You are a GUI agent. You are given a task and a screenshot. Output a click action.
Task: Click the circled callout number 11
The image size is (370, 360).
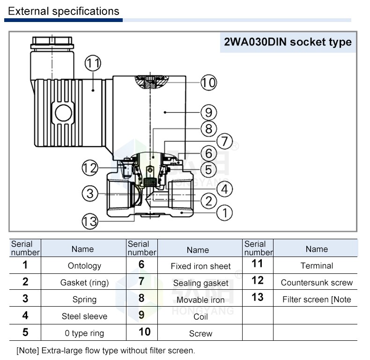pyautogui.click(x=93, y=63)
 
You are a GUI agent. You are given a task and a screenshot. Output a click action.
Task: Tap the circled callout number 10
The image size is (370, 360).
pyautogui.click(x=209, y=83)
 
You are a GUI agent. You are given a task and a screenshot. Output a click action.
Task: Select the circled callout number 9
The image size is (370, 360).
pyautogui.click(x=209, y=112)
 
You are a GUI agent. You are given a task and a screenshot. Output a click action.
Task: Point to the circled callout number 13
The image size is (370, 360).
pyautogui.click(x=90, y=220)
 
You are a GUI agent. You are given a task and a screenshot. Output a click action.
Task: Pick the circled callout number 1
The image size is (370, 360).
pyautogui.click(x=225, y=213)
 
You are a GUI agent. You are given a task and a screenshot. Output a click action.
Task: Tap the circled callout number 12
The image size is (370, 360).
pyautogui.click(x=90, y=166)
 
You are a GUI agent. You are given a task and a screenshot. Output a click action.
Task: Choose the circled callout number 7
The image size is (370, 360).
pyautogui.click(x=224, y=140)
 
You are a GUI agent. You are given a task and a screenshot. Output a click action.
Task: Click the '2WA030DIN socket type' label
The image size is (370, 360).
pyautogui.click(x=288, y=42)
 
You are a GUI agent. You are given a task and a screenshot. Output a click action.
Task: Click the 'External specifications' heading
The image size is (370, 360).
pyautogui.click(x=64, y=11)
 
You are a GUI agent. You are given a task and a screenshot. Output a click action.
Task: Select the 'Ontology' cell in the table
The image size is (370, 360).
pyautogui.click(x=84, y=266)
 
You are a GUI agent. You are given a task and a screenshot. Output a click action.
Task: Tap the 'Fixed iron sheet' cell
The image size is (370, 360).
pyautogui.click(x=200, y=266)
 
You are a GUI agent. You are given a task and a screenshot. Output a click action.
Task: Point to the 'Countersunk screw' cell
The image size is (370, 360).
pyautogui.click(x=317, y=283)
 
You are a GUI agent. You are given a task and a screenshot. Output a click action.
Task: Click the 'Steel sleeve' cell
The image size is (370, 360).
pyautogui.click(x=84, y=316)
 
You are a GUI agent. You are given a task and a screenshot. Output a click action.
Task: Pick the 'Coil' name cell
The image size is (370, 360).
pyautogui.click(x=200, y=317)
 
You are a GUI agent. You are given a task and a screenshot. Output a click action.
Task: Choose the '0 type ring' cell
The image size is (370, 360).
pyautogui.click(x=84, y=333)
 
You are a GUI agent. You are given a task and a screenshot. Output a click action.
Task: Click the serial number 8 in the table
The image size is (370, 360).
pyautogui.click(x=141, y=298)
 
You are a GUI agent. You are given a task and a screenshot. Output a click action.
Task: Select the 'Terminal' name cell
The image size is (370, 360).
pyautogui.click(x=317, y=266)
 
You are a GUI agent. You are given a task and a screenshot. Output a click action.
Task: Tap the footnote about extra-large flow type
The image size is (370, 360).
pyautogui.click(x=105, y=350)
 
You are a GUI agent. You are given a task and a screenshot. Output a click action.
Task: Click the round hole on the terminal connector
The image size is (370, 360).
pyautogui.click(x=61, y=112)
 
